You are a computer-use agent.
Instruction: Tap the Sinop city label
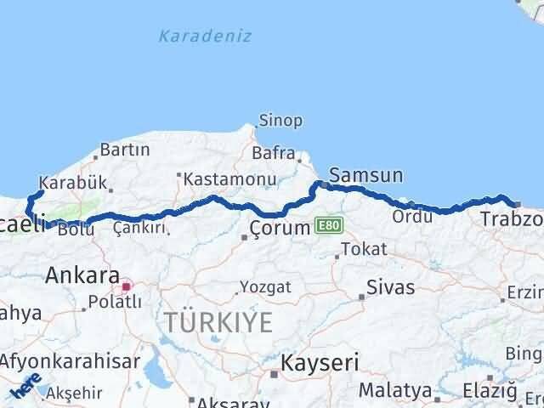[280, 120]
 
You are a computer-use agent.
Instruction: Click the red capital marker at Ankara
[125, 287]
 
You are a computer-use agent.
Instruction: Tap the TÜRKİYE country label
[219, 322]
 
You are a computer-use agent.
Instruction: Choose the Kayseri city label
[321, 363]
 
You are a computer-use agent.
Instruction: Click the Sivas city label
[391, 286]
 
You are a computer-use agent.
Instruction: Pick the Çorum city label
[278, 228]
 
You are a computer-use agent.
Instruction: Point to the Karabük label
[73, 182]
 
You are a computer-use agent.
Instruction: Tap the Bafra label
[273, 154]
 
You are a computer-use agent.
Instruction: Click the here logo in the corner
[25, 386]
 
